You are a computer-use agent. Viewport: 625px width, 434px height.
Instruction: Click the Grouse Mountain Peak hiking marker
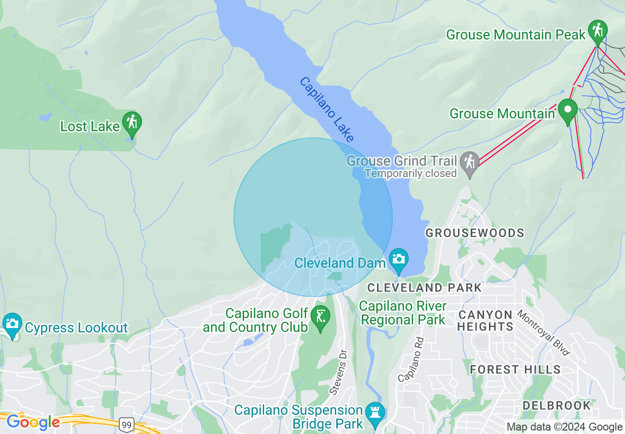pyautogui.click(x=597, y=31)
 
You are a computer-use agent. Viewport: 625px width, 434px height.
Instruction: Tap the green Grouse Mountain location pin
pyautogui.click(x=568, y=110)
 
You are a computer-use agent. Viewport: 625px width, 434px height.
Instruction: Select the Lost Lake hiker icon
pyautogui.click(x=132, y=122)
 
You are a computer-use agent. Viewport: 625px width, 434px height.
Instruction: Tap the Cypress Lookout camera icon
pyautogui.click(x=12, y=324)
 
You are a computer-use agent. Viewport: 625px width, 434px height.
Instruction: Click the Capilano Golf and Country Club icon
pyautogui.click(x=321, y=316)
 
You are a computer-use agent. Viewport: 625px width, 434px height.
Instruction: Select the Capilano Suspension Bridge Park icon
pyautogui.click(x=375, y=412)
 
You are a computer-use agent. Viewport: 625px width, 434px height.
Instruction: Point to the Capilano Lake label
pyautogui.click(x=326, y=109)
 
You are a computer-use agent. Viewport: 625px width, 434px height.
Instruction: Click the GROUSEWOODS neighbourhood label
pyautogui.click(x=475, y=233)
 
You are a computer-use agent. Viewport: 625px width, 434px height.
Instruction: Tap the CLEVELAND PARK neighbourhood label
pyautogui.click(x=424, y=288)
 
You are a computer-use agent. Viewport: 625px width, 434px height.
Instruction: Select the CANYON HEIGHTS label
pyautogui.click(x=486, y=321)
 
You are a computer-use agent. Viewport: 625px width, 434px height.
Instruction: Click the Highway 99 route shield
pyautogui.click(x=126, y=424)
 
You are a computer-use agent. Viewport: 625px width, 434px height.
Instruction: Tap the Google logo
pyautogui.click(x=33, y=422)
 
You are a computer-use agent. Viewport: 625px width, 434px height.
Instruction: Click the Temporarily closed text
pyautogui.click(x=411, y=174)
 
